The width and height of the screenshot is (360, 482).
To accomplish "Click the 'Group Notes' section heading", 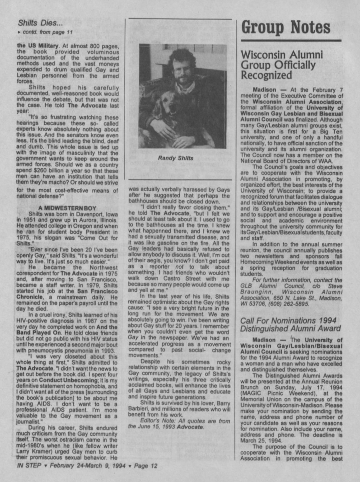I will pos(286,27).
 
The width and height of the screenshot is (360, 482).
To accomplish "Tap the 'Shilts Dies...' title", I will pos(40,23).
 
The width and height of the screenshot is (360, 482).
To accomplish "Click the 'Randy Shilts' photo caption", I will pos(176,158).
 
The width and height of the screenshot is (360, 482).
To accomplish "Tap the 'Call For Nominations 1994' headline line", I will pos(288,320).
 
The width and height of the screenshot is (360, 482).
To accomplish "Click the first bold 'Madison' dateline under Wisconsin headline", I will pos(264,90).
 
